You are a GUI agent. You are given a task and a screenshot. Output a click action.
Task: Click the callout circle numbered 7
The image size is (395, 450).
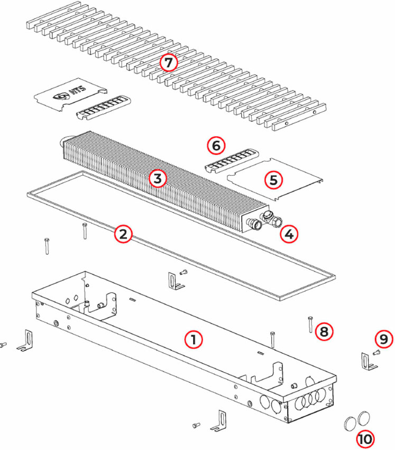[x=168, y=63]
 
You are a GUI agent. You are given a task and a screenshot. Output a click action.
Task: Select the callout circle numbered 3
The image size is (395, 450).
[x=157, y=178]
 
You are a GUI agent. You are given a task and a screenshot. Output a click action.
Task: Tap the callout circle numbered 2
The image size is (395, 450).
[x=123, y=233]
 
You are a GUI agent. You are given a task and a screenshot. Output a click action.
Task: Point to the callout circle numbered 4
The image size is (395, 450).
[x=289, y=233]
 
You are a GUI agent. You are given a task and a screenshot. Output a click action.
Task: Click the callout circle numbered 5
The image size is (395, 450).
[x=273, y=179]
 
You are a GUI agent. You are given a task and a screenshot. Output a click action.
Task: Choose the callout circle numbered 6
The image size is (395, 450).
[x=215, y=145]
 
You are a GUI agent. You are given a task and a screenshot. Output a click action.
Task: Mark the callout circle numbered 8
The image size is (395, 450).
[x=324, y=331]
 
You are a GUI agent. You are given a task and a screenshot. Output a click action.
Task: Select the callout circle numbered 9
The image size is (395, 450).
[x=384, y=339]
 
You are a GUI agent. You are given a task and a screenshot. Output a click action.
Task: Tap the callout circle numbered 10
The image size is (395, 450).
[x=364, y=438]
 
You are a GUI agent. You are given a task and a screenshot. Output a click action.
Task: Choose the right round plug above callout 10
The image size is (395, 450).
[x=364, y=418]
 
